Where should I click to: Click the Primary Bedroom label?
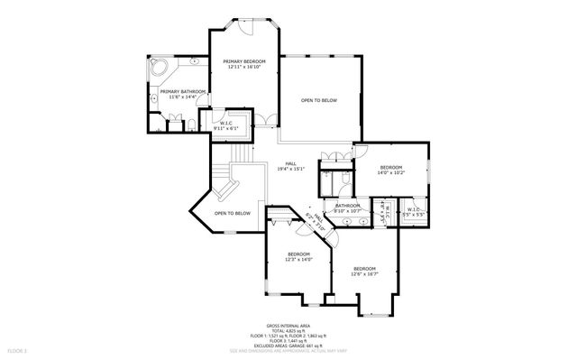243,63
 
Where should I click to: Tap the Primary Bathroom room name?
183,94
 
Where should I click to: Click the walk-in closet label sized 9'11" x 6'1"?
224,127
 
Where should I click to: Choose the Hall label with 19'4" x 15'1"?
290,165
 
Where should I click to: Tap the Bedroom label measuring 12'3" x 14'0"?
299,257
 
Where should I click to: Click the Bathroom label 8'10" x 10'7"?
348,208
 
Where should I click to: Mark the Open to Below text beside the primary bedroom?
318,100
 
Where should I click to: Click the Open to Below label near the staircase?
232,213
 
